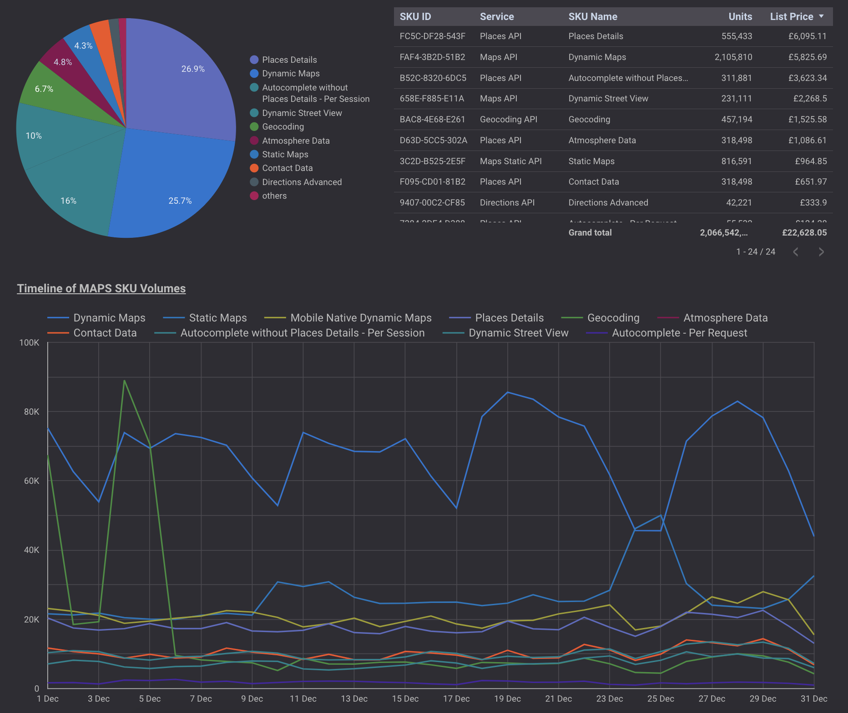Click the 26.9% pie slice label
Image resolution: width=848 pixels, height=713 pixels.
pos(193,69)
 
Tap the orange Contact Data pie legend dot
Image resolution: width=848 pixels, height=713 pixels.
pos(254,168)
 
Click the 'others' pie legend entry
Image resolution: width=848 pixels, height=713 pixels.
pos(274,196)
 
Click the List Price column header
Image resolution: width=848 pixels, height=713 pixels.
pos(791,16)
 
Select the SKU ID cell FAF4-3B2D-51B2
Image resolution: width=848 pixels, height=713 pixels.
pos(432,57)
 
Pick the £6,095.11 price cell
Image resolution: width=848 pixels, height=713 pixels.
pos(807,36)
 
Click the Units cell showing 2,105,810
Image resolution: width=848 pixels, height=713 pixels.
pos(733,57)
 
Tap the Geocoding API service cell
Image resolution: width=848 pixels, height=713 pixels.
pos(508,119)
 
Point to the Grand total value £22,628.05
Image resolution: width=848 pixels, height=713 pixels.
pos(804,232)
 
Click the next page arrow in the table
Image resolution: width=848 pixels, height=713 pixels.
pos(821,252)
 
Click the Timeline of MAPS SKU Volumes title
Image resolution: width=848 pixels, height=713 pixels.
pos(101,288)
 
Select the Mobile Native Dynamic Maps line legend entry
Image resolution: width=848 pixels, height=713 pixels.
pos(360,318)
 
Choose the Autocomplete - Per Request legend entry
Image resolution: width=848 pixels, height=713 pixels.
pos(679,333)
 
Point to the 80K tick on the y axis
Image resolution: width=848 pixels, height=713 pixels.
pos(31,412)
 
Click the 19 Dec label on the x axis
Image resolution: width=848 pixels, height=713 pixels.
pos(507,698)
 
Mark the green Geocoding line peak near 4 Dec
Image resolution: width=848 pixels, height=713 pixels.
pos(124,381)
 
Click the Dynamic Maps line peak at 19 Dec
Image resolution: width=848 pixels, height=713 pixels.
pos(508,392)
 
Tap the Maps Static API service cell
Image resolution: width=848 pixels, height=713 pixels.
pos(510,161)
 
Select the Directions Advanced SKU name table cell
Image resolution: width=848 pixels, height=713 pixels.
pos(608,202)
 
